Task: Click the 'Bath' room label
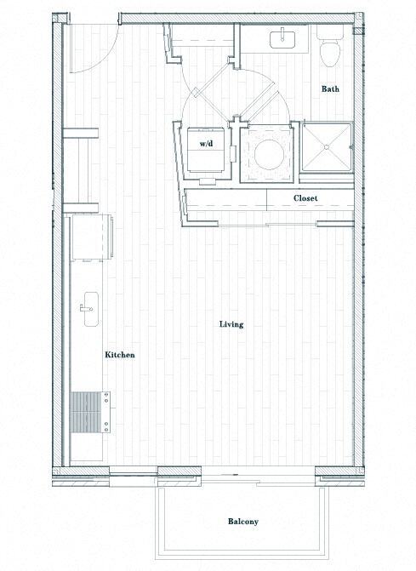(332, 89)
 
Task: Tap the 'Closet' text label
(305, 198)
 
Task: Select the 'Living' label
(231, 324)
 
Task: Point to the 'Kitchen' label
(119, 355)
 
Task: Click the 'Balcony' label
(242, 522)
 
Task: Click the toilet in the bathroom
(328, 49)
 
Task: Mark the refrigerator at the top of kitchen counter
(89, 236)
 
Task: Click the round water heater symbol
(266, 152)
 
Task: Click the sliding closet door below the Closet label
(293, 224)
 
